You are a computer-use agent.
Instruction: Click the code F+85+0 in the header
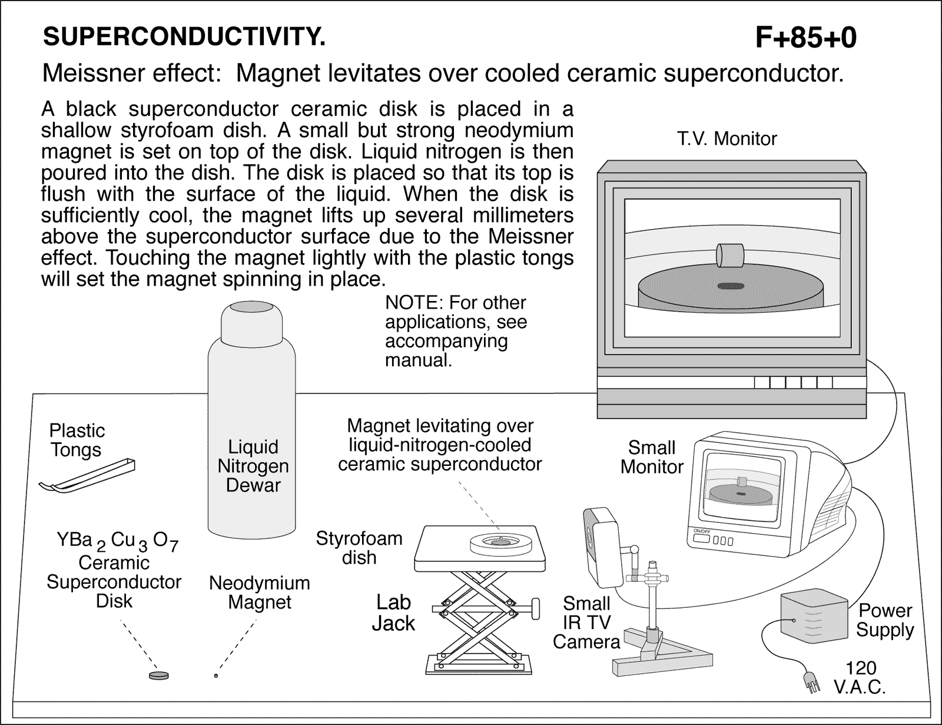805,38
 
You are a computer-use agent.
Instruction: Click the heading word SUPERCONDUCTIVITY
184,37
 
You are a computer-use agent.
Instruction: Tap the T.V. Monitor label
727,139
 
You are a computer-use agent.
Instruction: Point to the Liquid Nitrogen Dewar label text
253,466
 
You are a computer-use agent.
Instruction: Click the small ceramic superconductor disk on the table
159,675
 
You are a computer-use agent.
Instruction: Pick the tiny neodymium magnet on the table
216,676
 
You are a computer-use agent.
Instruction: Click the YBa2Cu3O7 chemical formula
117,541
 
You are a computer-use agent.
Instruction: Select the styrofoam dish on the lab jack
501,542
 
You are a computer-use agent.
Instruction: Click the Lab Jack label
393,613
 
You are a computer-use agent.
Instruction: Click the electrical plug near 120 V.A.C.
811,684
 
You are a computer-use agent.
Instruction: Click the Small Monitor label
652,457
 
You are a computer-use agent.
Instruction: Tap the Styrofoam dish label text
359,548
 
